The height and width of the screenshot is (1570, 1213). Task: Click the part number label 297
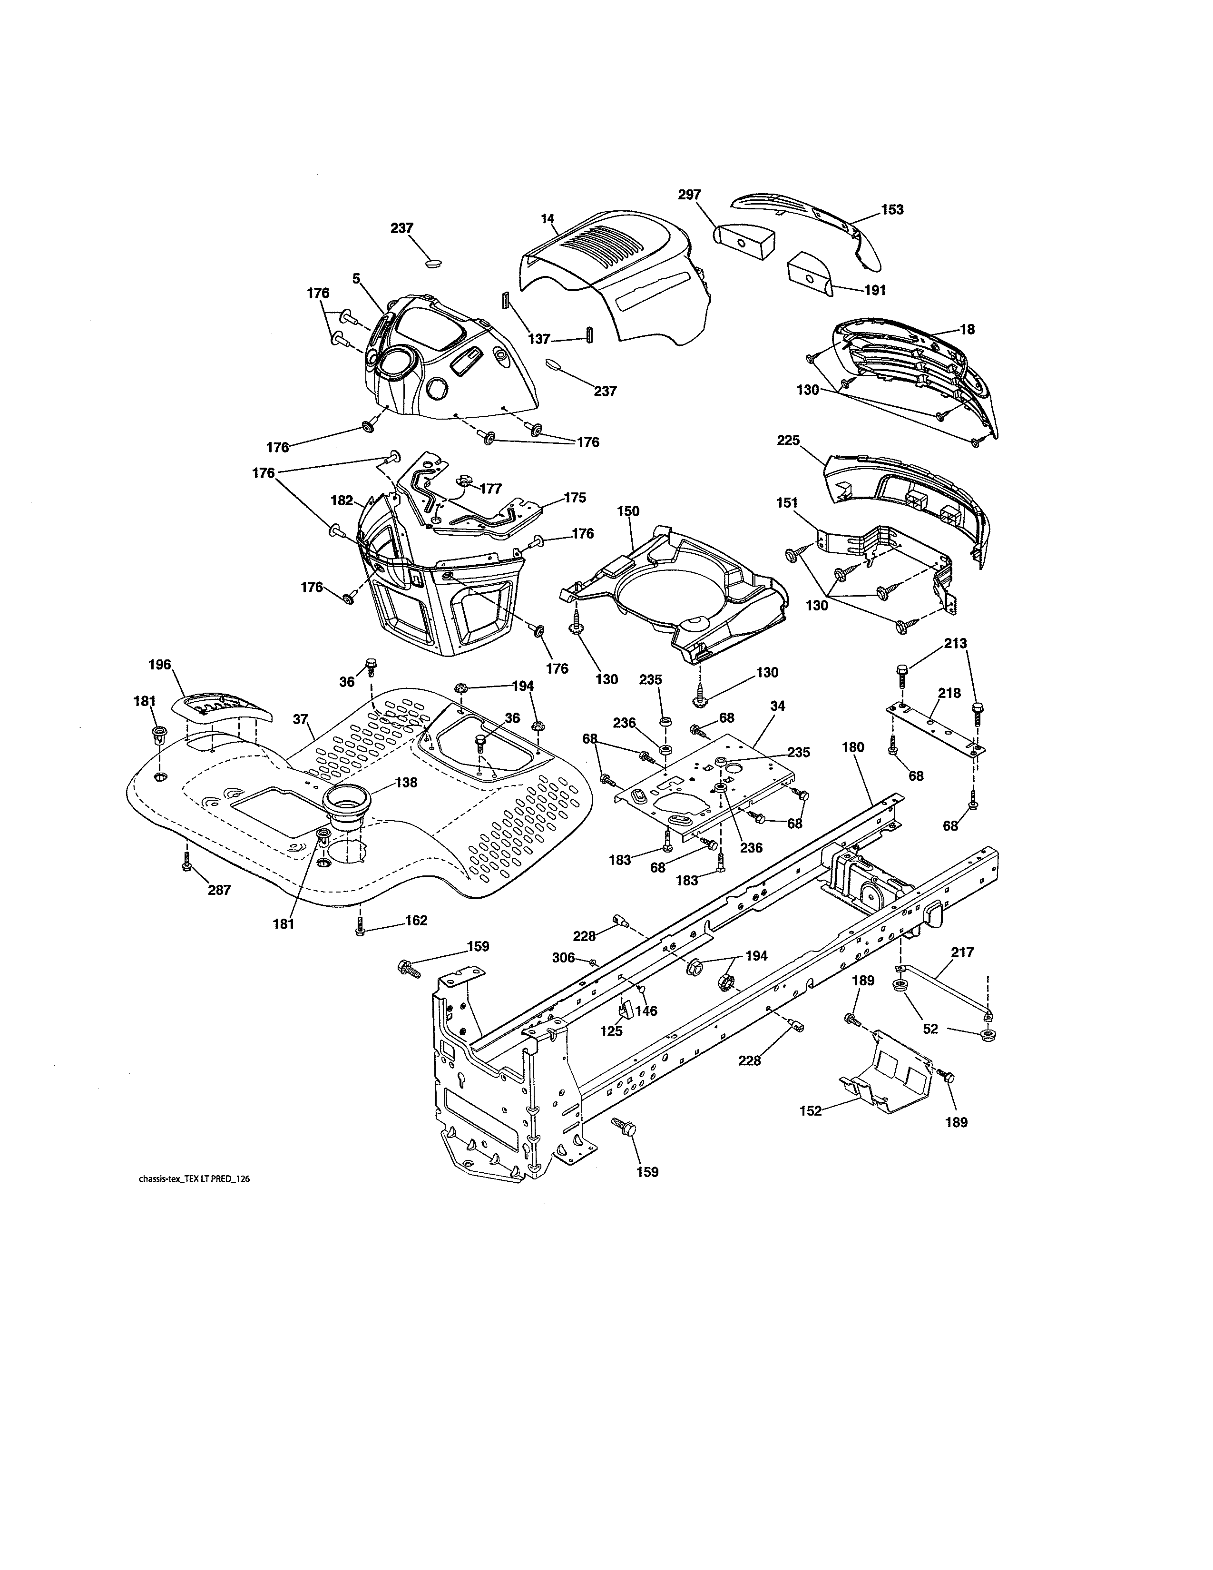point(689,195)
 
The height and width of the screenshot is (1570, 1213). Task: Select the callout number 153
point(892,210)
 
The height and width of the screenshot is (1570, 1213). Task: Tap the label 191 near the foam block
point(874,290)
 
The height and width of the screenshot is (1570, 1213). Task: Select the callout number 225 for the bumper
point(788,440)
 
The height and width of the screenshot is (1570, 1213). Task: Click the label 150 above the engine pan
point(627,511)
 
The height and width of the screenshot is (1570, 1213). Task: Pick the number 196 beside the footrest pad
point(159,664)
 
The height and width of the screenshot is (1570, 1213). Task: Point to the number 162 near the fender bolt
point(416,920)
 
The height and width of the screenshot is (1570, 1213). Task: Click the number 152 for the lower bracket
point(811,1110)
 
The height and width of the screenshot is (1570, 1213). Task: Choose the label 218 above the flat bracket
point(949,693)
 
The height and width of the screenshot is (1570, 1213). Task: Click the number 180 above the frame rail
point(852,747)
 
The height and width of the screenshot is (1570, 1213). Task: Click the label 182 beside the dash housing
point(342,500)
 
